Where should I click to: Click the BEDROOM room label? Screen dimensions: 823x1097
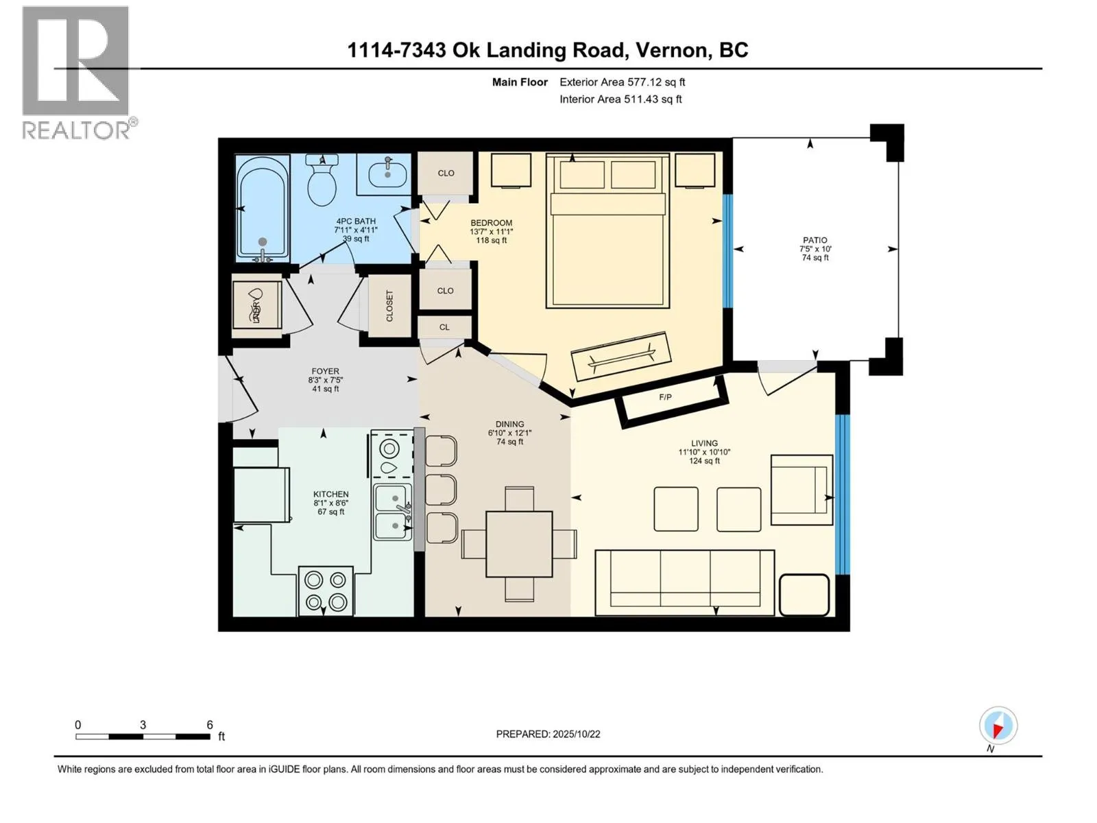click(x=491, y=223)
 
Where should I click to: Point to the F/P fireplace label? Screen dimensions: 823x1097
click(x=665, y=397)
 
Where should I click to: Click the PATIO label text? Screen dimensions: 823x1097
click(x=815, y=240)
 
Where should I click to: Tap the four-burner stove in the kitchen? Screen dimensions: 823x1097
click(x=326, y=591)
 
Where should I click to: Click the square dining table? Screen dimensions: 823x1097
click(x=519, y=543)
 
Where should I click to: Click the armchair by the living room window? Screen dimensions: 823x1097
click(x=801, y=490)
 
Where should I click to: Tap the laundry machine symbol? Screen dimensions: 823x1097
click(x=256, y=305)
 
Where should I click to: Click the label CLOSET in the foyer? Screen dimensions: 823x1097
click(x=389, y=306)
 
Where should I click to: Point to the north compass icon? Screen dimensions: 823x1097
click(x=998, y=726)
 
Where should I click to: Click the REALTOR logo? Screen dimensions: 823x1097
click(x=77, y=73)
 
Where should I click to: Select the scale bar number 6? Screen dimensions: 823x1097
click(x=210, y=725)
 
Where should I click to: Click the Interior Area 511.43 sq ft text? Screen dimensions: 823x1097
click(x=620, y=99)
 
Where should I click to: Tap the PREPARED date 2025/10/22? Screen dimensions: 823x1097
click(x=548, y=734)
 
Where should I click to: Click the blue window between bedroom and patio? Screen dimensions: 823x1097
click(x=727, y=250)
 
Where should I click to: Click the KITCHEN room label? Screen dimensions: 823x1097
click(x=330, y=494)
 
